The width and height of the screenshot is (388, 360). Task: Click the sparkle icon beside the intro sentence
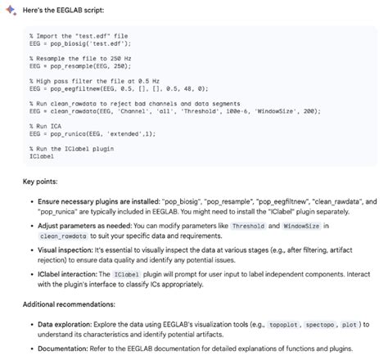[x=7, y=7]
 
